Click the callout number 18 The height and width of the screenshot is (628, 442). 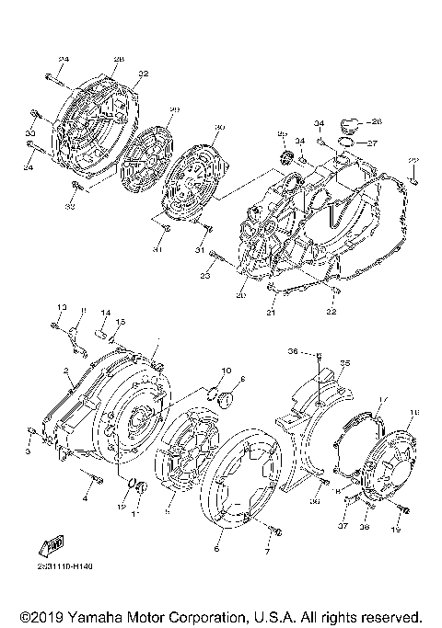(413, 412)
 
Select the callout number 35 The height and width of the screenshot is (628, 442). (346, 364)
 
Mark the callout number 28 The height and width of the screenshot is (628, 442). (118, 60)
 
